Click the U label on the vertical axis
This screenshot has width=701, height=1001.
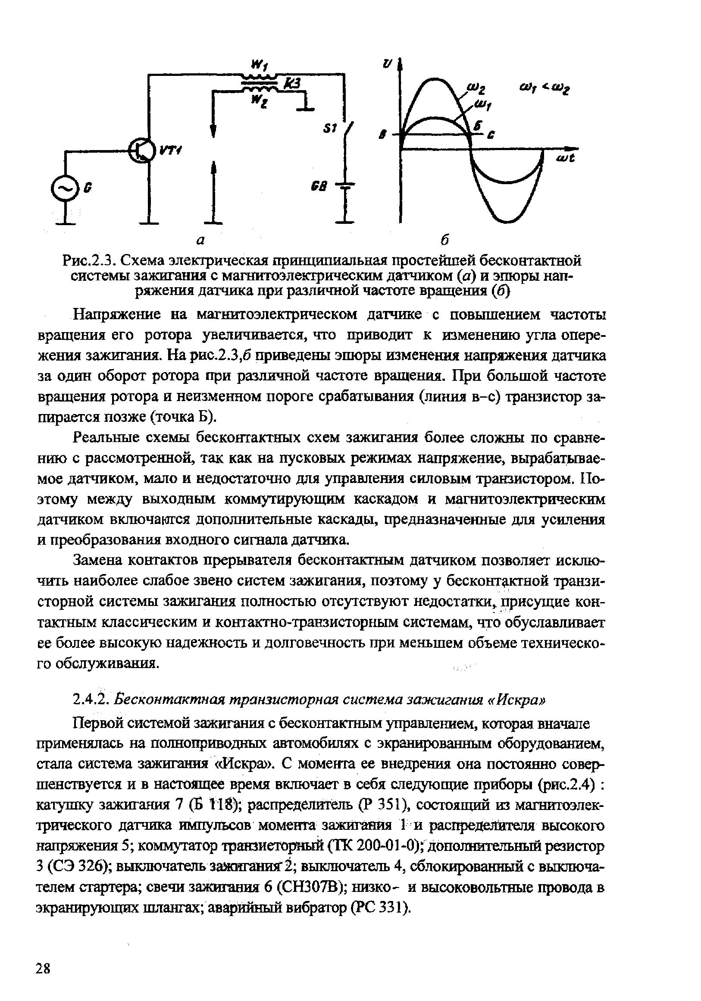click(387, 64)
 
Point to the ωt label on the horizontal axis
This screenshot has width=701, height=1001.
click(566, 158)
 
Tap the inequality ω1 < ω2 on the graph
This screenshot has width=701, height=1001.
click(545, 89)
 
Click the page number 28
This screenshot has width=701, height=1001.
click(43, 969)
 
